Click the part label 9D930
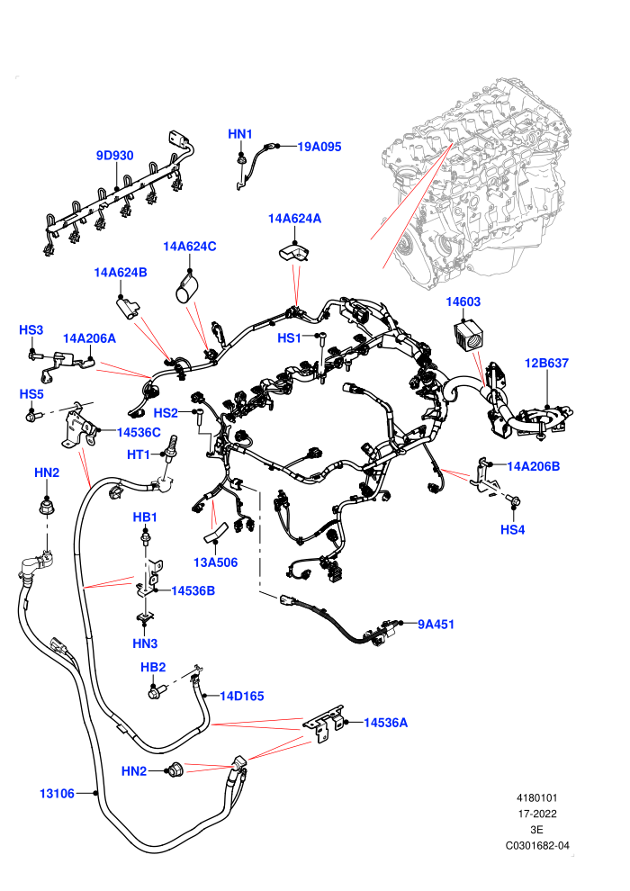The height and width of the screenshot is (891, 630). tap(115, 156)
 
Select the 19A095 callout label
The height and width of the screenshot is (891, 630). tap(319, 147)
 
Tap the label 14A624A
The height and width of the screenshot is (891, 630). tap(294, 219)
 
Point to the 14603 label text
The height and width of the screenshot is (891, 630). tap(463, 301)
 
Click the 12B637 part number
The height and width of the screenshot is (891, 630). tap(546, 363)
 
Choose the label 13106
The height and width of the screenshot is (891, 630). tap(57, 793)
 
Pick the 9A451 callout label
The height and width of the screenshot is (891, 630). tap(436, 625)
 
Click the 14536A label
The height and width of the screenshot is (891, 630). tap(386, 723)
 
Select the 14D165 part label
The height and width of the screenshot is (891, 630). tap(242, 696)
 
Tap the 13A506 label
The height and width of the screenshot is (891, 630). tap(215, 562)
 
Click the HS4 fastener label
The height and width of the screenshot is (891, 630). tap(512, 529)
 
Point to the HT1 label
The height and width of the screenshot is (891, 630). tap(138, 454)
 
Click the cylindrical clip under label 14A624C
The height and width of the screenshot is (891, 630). tap(185, 288)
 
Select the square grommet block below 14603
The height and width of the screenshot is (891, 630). tap(469, 336)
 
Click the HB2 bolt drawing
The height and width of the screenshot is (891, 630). tap(156, 692)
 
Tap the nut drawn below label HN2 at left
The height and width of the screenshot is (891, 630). tap(45, 505)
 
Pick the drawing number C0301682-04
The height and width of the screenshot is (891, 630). tap(537, 845)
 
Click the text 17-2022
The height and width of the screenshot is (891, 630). tap(537, 814)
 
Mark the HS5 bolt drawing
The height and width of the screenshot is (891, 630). tap(31, 417)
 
